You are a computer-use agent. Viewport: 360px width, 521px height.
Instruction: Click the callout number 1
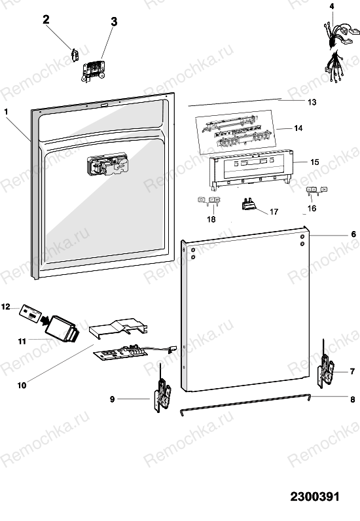[x=6, y=112]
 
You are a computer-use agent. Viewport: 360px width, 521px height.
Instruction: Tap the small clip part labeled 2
[x=75, y=55]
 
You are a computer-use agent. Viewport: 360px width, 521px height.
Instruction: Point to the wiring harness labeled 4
[x=339, y=51]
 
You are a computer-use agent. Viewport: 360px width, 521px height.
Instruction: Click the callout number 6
[x=353, y=234]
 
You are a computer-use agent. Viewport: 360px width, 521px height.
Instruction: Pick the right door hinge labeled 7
[x=326, y=365]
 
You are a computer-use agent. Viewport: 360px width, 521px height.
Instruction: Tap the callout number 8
[x=353, y=399]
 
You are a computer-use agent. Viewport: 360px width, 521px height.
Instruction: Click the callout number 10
[x=22, y=386]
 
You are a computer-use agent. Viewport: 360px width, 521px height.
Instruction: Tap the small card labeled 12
[x=31, y=313]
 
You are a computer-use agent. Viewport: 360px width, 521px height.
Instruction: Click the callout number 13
[x=312, y=102]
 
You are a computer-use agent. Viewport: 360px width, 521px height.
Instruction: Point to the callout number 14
[x=298, y=128]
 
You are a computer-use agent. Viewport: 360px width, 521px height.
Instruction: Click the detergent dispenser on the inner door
[x=107, y=165]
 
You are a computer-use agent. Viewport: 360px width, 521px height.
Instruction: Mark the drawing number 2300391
[x=315, y=497]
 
